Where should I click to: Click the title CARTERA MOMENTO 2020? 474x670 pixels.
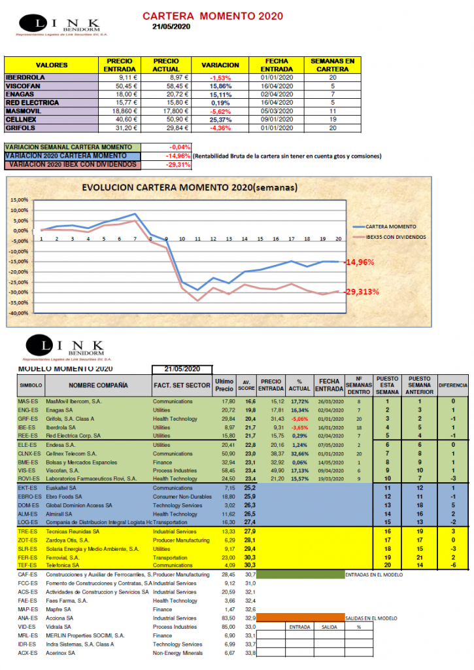pos(205,15)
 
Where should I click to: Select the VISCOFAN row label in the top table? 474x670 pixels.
pos(24,86)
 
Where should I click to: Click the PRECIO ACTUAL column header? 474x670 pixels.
pos(166,65)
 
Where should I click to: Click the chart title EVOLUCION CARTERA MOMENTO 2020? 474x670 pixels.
pos(190,187)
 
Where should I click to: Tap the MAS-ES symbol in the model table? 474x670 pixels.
pos(27,401)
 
